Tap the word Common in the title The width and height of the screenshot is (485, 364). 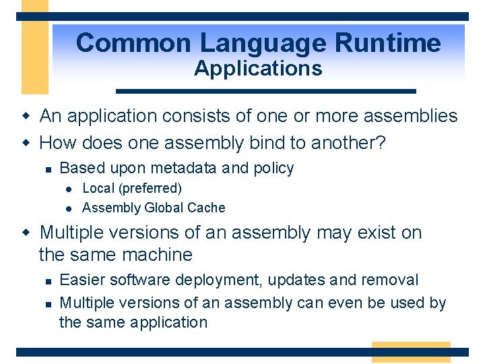point(133,43)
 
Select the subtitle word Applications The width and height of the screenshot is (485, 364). point(258,68)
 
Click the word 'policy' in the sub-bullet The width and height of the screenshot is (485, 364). point(273,169)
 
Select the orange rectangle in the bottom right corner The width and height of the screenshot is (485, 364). point(410,352)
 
